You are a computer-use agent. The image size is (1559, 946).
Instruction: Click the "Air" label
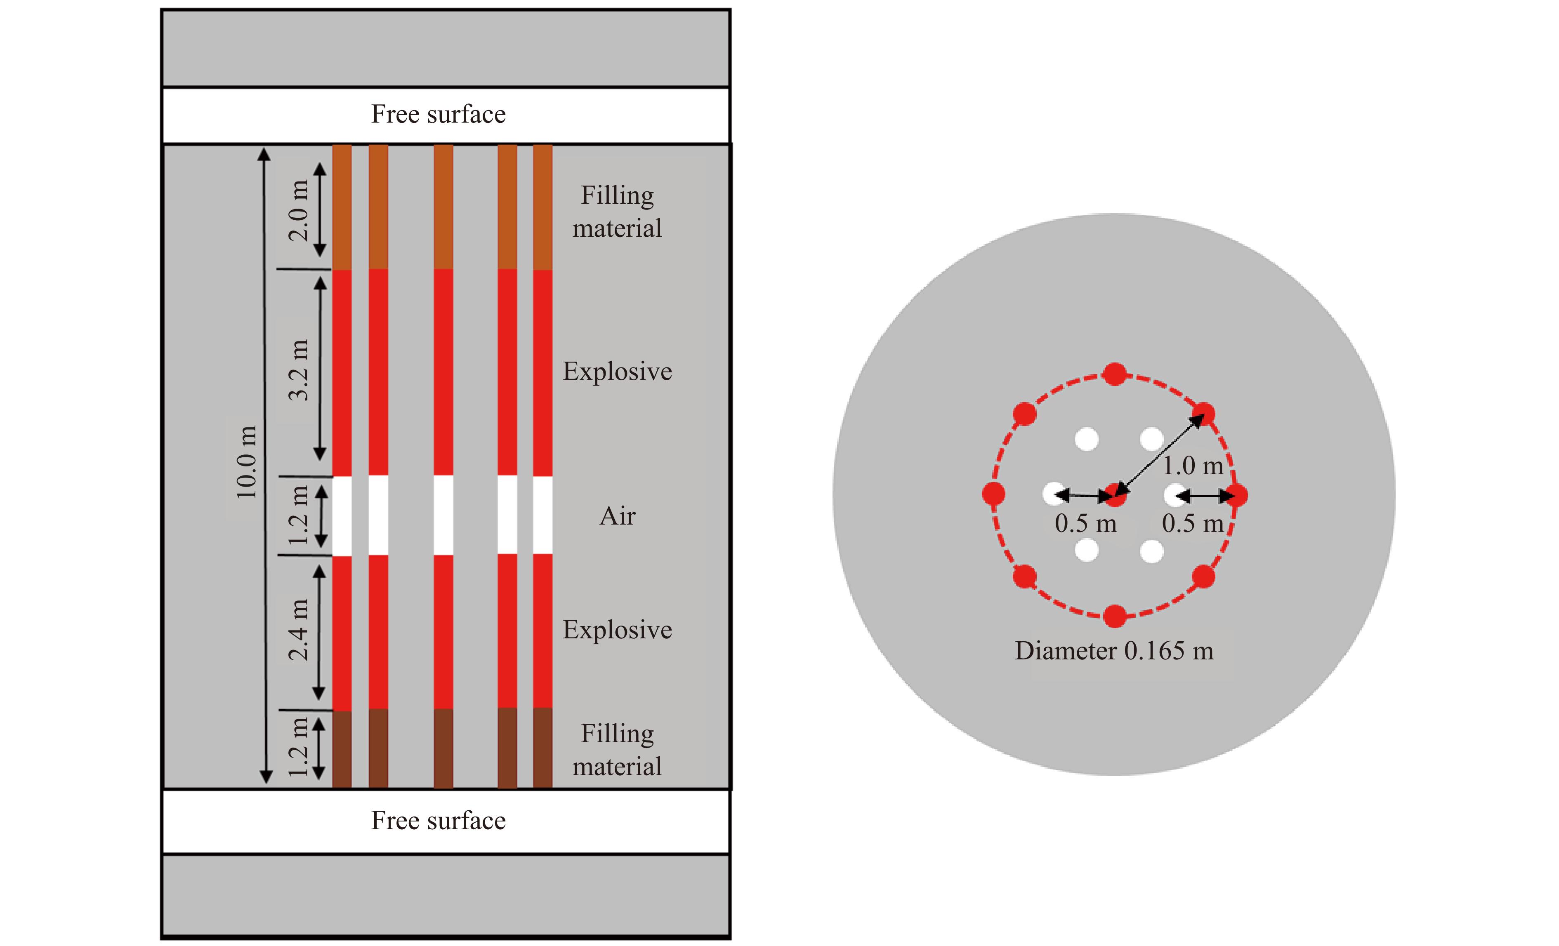[x=617, y=516]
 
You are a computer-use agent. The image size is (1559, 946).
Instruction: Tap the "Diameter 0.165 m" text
[x=1114, y=651]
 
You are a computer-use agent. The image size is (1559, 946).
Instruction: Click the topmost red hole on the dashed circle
[x=1114, y=374]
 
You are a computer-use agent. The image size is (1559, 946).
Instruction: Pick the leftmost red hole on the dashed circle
[x=994, y=494]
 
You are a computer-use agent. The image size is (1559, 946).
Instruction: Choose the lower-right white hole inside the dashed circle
[x=1151, y=551]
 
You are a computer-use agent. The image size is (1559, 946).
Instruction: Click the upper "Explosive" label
[x=617, y=371]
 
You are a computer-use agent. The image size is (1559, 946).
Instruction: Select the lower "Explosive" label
[x=617, y=630]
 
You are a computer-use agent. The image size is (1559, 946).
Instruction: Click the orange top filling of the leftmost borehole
[x=342, y=207]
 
